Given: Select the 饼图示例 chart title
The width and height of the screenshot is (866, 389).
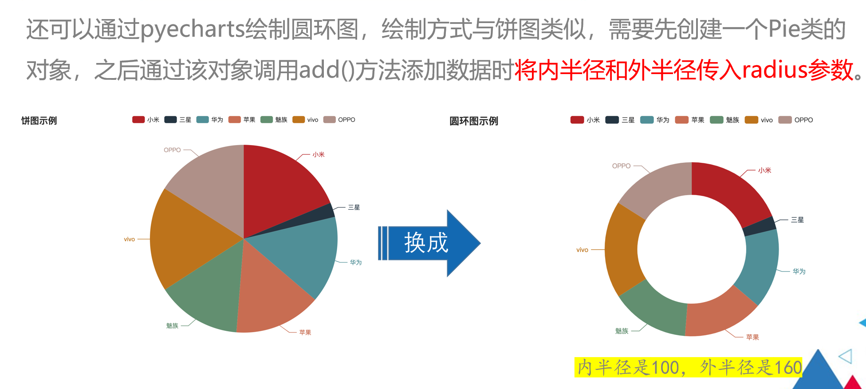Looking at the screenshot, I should [39, 121].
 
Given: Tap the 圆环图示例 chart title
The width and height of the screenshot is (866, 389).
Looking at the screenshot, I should [474, 121].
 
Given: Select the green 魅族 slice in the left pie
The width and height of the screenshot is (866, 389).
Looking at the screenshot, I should [209, 297].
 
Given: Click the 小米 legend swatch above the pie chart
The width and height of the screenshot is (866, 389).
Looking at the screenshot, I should [138, 120].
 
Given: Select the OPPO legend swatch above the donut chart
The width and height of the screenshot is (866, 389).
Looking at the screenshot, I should [785, 120].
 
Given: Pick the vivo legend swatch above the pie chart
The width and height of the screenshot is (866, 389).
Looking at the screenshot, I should [299, 120].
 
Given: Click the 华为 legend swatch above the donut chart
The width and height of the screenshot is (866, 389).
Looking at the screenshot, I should [647, 120].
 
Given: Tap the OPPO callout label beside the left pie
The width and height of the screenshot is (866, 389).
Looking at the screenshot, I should [172, 150].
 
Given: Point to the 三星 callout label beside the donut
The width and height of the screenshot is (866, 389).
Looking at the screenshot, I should [797, 220].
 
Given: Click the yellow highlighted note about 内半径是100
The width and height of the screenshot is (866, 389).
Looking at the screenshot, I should [688, 367].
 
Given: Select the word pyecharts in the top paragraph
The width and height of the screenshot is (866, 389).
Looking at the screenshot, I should [193, 29].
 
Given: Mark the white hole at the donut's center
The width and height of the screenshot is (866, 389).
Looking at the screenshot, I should [692, 249].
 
